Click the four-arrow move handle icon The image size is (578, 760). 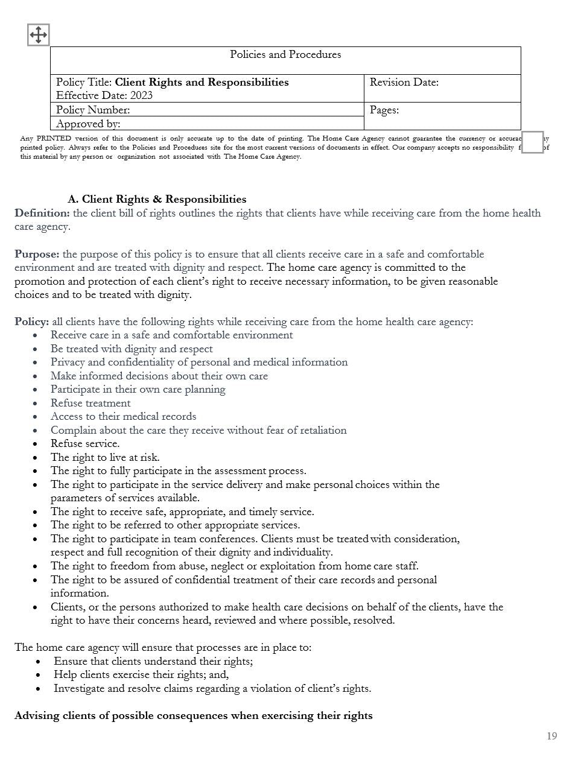[x=38, y=35]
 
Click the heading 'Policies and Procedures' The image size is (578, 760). [x=285, y=54]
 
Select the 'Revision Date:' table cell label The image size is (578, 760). [x=404, y=82]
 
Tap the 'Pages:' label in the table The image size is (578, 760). [x=384, y=110]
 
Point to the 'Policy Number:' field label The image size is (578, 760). [x=93, y=110]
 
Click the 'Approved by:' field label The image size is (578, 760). [x=88, y=124]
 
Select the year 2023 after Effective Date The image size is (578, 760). [x=141, y=95]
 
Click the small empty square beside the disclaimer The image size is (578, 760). [x=532, y=142]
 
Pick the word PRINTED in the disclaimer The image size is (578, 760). [x=54, y=138]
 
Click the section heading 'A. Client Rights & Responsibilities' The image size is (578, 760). [x=157, y=199]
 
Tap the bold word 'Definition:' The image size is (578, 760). [x=42, y=213]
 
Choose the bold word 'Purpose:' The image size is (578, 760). [x=37, y=254]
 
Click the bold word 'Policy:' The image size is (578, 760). [x=32, y=321]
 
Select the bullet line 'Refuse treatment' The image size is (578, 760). [x=91, y=403]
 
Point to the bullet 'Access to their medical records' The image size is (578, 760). [x=123, y=416]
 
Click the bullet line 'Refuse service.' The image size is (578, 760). [x=85, y=443]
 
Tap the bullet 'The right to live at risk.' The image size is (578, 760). [x=105, y=457]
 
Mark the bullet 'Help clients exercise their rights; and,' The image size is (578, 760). [x=141, y=674]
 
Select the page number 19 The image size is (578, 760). [x=551, y=736]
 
